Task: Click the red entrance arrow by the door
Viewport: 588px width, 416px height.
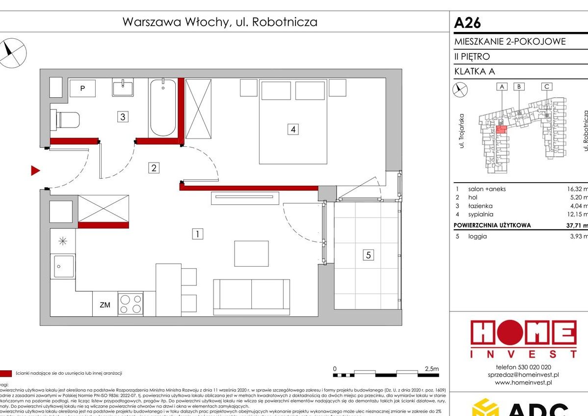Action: [35, 170]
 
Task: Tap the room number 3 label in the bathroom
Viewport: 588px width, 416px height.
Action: [123, 117]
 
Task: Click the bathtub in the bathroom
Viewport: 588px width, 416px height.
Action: [162, 108]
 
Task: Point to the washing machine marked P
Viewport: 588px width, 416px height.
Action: [82, 88]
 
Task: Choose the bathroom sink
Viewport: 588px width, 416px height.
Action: [122, 88]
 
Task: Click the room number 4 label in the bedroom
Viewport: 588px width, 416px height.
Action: [293, 130]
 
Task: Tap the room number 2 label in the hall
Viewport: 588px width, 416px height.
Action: [154, 168]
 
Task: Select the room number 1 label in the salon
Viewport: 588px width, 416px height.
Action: [197, 234]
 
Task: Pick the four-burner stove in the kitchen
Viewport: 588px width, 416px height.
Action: [130, 304]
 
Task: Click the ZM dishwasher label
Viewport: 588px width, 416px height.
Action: [105, 305]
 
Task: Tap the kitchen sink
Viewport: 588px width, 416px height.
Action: [64, 267]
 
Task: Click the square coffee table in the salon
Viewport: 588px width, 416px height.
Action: [251, 253]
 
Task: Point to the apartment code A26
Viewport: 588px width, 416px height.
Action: [467, 23]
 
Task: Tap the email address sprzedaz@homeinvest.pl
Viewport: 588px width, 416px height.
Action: [523, 375]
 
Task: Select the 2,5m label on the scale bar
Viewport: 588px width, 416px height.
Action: [431, 368]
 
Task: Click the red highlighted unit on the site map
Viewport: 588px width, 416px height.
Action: [501, 129]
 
